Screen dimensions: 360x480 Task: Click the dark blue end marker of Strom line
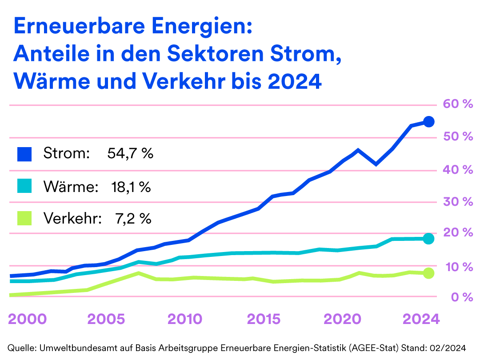click(428, 121)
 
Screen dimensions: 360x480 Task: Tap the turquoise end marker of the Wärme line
click(428, 239)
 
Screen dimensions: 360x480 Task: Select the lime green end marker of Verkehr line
click(428, 273)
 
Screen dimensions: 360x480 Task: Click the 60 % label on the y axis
click(457, 104)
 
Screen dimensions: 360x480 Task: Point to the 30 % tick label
click(457, 202)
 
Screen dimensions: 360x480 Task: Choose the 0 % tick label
click(460, 297)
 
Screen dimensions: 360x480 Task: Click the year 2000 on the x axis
click(28, 319)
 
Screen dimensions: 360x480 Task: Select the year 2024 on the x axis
click(420, 319)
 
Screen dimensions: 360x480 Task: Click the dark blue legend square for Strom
click(24, 154)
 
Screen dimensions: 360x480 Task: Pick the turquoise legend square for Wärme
click(24, 186)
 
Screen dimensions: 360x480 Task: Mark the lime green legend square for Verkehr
click(24, 218)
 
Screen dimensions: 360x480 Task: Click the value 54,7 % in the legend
click(130, 154)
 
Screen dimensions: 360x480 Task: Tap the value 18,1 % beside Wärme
click(131, 186)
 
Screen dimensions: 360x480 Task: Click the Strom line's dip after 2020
click(376, 164)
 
